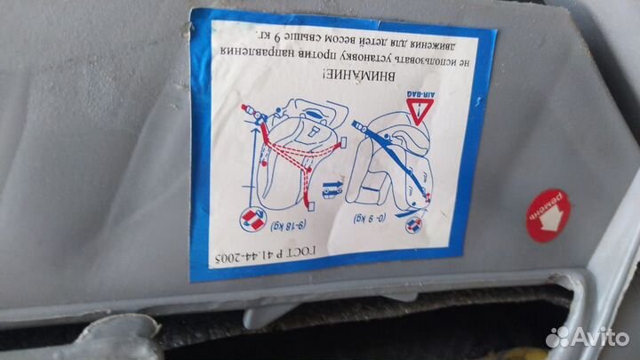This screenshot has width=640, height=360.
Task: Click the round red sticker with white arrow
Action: (x=548, y=213)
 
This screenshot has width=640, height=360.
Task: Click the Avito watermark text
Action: (x=601, y=336)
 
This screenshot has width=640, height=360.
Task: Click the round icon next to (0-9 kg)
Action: (x=413, y=224)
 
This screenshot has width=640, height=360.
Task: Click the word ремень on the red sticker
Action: (x=540, y=207)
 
